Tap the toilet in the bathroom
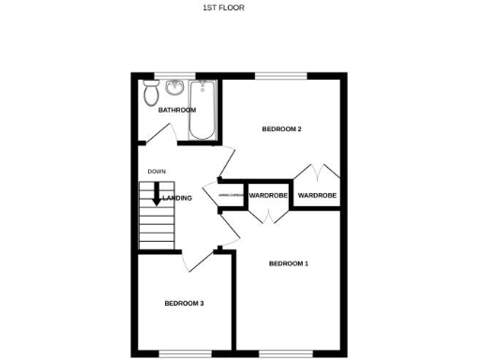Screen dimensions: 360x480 point(151,94)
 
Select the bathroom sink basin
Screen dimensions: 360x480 point(175,90)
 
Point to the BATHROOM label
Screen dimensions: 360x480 point(176,111)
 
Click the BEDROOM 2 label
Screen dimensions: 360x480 point(281,128)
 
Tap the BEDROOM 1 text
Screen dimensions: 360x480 point(289,264)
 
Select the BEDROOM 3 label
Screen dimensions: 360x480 point(184,303)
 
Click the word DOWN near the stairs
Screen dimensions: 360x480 point(157,172)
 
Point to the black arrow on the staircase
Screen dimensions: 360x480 point(157,197)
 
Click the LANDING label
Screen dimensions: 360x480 point(177,198)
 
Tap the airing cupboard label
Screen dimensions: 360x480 point(232,196)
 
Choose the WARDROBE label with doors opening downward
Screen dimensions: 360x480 point(268,196)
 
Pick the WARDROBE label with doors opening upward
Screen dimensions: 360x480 point(317,196)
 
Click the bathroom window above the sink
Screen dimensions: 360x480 point(174,75)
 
